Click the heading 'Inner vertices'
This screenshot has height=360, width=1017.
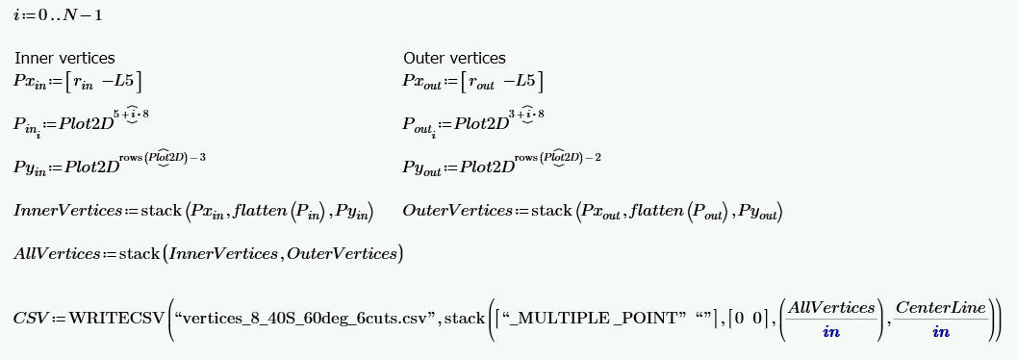click(x=64, y=58)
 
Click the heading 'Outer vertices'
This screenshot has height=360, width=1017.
click(x=454, y=58)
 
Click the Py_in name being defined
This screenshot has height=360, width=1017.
click(x=33, y=167)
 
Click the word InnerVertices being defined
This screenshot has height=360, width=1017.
click(x=67, y=211)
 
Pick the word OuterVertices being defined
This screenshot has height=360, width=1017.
click(x=457, y=211)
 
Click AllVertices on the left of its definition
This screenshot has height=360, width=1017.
click(x=56, y=254)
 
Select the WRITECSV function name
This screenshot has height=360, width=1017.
click(x=115, y=319)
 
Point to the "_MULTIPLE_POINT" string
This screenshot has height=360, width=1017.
click(x=591, y=319)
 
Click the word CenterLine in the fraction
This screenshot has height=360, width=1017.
click(x=940, y=308)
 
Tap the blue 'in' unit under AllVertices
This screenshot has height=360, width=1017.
click(x=831, y=332)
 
